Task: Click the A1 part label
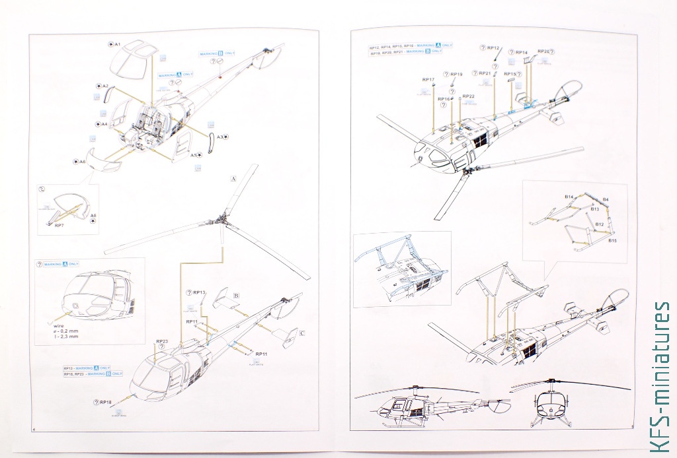coord(117,44)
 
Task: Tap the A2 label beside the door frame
coord(105,86)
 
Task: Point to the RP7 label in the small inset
coord(59,226)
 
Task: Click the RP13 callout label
coord(200,292)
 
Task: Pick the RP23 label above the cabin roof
coord(162,342)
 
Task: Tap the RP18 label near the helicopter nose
coord(106,402)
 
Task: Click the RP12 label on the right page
coord(493,48)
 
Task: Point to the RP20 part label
coord(543,51)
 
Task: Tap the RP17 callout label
coord(428,80)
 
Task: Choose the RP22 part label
coord(468,96)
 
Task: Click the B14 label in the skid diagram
coord(569,197)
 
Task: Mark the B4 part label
coord(606,199)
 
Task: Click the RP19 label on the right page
coord(456,75)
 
